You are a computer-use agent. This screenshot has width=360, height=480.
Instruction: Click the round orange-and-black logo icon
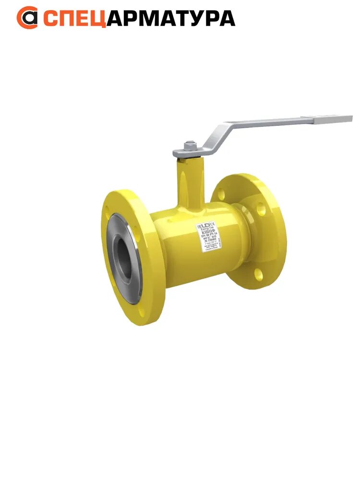pos(27,18)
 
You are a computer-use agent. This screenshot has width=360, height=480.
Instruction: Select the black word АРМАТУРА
pos(170,18)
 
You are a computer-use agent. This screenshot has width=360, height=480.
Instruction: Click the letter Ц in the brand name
pos(98,18)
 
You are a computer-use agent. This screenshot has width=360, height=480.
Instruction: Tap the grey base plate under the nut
pos(187,153)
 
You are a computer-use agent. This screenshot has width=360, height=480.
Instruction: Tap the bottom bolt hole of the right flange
pos(258,274)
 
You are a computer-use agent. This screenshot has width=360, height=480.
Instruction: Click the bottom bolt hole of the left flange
pos(141,313)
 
